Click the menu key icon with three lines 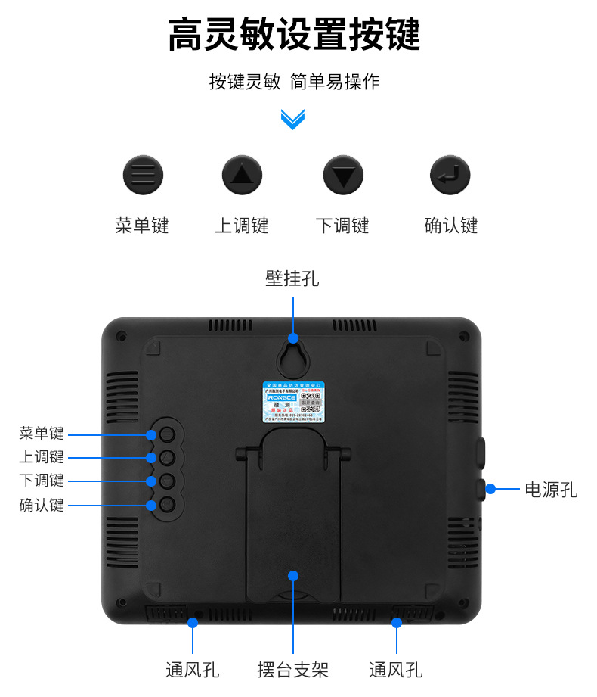(x=143, y=176)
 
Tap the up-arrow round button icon (x=242, y=176)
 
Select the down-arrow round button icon (x=343, y=176)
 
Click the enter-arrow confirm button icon (x=450, y=176)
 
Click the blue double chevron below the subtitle (x=292, y=119)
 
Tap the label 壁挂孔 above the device (x=292, y=278)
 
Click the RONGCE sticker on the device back (x=294, y=400)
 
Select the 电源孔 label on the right (x=551, y=490)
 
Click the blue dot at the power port (x=490, y=489)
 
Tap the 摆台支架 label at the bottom (x=292, y=670)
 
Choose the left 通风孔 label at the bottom (x=193, y=670)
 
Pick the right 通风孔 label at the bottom (x=395, y=670)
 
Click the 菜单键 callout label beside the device (x=42, y=434)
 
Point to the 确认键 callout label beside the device (x=42, y=505)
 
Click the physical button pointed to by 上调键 (x=168, y=457)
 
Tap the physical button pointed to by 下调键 (x=168, y=481)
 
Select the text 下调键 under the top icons (x=342, y=226)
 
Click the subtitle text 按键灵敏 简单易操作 (x=294, y=82)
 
